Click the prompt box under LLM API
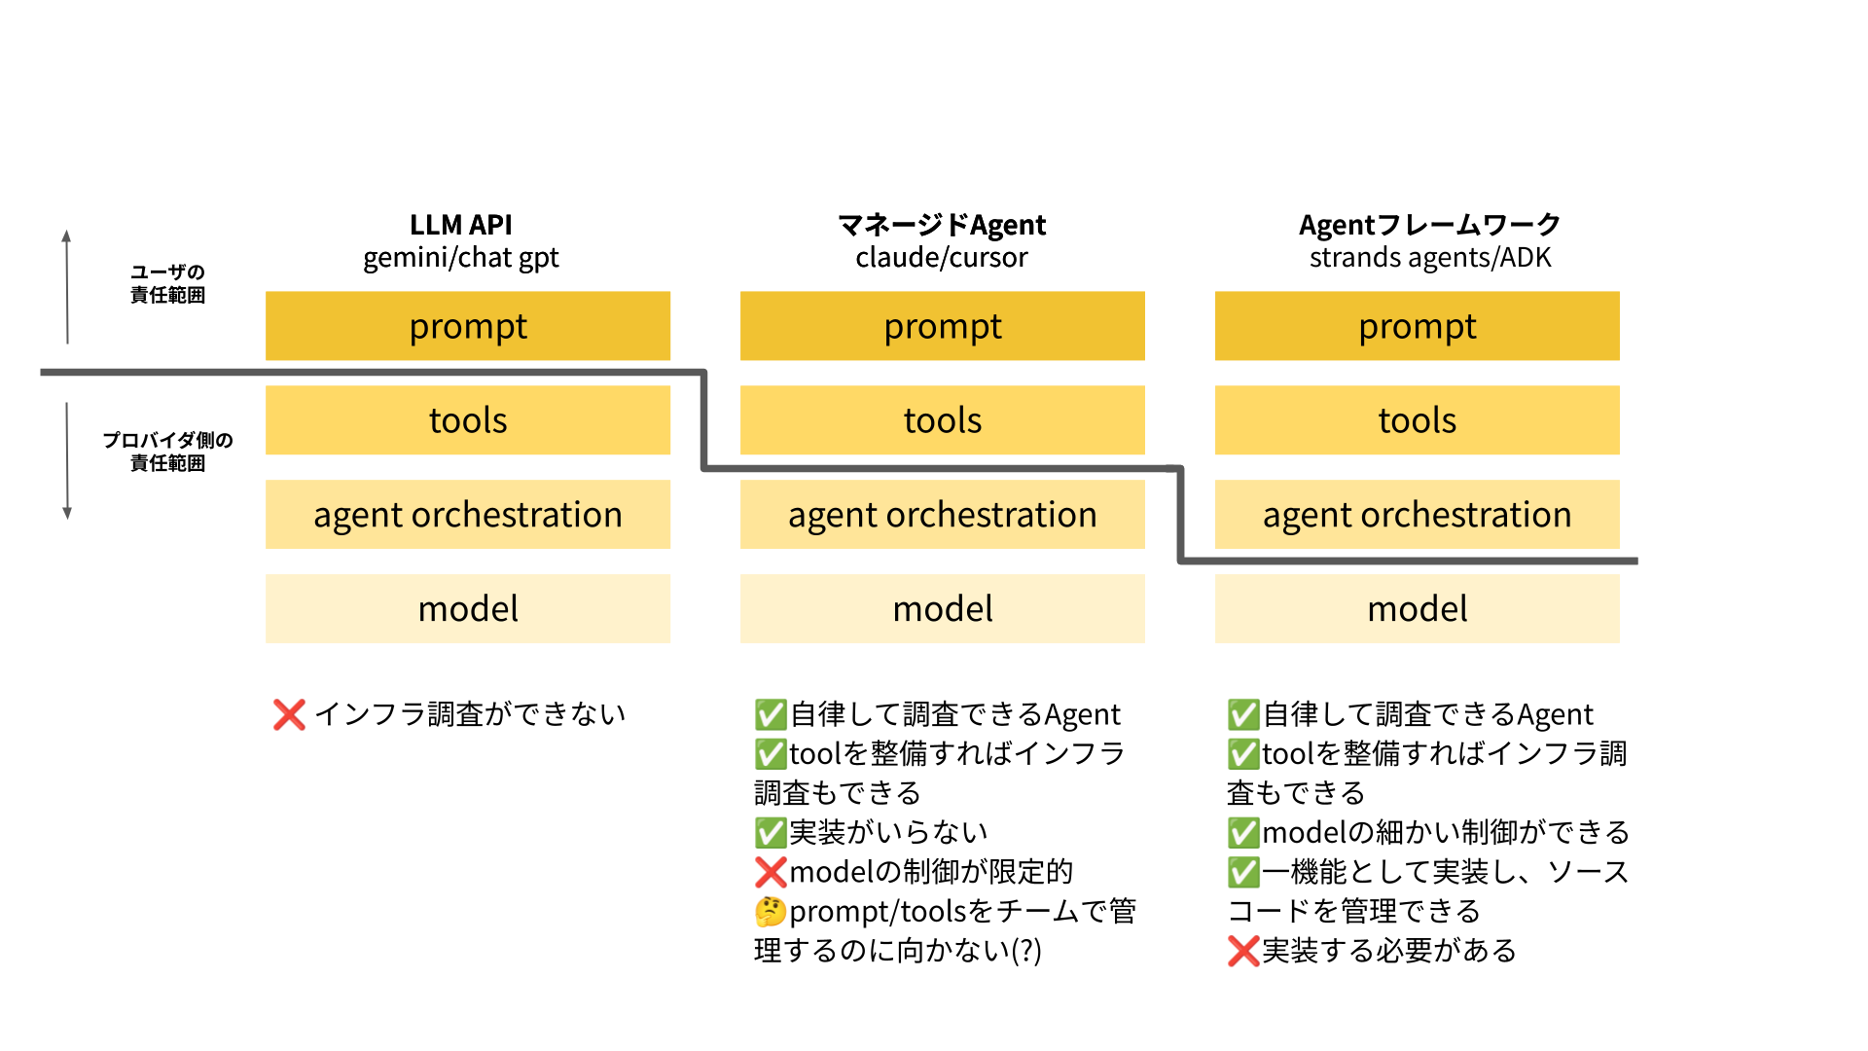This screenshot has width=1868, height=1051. [467, 326]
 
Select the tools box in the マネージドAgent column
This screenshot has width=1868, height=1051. [942, 420]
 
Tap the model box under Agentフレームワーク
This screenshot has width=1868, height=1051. [1417, 608]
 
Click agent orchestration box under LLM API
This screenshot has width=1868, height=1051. [467, 514]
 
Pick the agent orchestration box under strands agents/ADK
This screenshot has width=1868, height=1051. [1417, 514]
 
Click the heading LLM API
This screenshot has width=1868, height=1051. [460, 225]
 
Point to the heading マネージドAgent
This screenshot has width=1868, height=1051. [942, 225]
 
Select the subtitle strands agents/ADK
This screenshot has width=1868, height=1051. [1429, 258]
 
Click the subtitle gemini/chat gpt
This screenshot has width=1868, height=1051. [460, 258]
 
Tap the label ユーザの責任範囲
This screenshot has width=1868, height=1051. [167, 283]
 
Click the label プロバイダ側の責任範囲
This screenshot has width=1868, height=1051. [167, 452]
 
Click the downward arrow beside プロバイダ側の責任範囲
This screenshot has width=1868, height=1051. [67, 461]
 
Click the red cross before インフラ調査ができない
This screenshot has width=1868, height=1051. [289, 714]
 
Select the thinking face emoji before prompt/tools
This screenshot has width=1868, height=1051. [770, 912]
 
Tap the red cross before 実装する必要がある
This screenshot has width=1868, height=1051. [1242, 951]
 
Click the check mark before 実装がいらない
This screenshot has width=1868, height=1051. [770, 833]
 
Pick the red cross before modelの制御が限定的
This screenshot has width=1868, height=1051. [770, 872]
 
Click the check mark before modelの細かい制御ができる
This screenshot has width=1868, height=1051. [1242, 833]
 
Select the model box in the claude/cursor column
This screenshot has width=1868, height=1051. [942, 608]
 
